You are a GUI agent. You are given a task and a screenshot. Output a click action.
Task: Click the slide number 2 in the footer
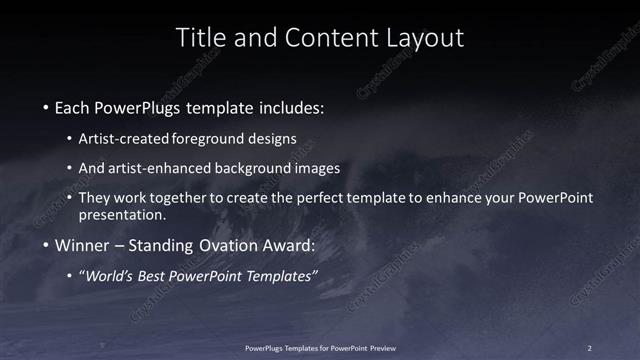click(589, 347)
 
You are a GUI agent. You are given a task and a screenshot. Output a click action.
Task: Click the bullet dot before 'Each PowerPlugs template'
click(47, 106)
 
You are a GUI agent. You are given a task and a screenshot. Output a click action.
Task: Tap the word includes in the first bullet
click(291, 106)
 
